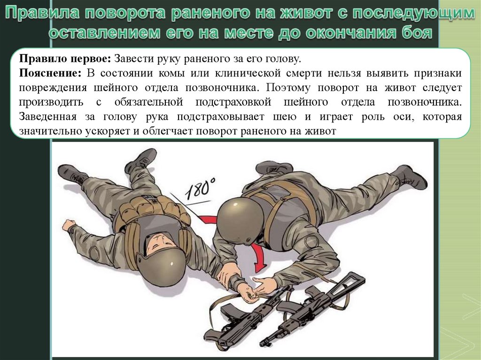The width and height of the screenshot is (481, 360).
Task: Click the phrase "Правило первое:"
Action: (x=65, y=59)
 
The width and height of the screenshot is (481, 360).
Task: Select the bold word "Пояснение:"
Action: (x=50, y=73)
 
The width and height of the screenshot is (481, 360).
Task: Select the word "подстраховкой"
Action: (x=233, y=102)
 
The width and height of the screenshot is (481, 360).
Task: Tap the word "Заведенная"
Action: (x=48, y=116)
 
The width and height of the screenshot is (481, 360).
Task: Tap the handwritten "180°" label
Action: (x=200, y=187)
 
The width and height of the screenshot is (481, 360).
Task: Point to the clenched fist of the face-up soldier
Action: (x=69, y=225)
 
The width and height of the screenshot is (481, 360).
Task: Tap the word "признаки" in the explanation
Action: (x=438, y=74)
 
